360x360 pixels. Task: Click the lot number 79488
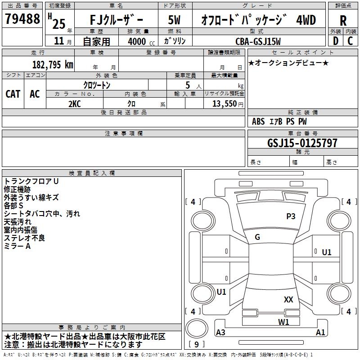tap(22, 18)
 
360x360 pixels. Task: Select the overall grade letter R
tap(343, 21)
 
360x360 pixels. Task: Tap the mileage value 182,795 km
tap(53, 65)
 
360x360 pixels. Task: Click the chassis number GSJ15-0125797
tap(302, 143)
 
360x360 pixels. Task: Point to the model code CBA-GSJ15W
tap(258, 41)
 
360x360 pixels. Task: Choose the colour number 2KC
tap(75, 104)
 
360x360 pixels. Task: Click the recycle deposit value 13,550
tap(224, 103)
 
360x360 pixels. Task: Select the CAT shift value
tap(13, 94)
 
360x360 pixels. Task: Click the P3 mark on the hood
tap(291, 216)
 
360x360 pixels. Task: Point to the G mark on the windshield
tap(257, 237)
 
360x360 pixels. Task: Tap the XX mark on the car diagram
tap(288, 299)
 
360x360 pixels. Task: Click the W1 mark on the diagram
tap(283, 322)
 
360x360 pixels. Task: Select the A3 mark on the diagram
tap(220, 332)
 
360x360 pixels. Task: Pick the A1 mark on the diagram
tap(320, 332)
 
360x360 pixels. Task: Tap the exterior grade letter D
tap(335, 41)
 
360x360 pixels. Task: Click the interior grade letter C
tap(350, 41)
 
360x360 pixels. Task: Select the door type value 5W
tap(174, 20)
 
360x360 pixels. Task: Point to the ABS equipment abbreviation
tap(258, 121)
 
